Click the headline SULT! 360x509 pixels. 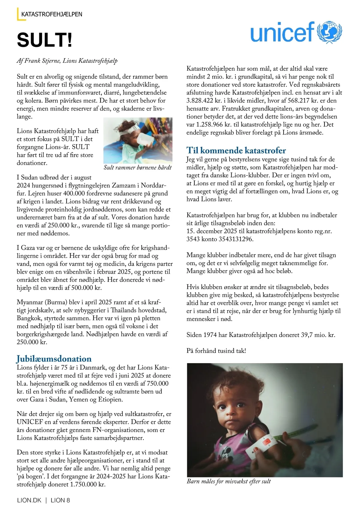tap(44, 40)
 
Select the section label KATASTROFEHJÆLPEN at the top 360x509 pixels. tap(52, 14)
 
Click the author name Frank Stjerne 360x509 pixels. tap(42, 61)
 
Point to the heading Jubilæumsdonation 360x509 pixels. tap(54, 359)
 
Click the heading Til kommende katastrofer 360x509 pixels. tap(236, 150)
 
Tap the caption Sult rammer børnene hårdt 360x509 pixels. tap(138, 167)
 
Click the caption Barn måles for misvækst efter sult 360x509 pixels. tap(229, 481)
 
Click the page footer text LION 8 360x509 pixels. tap(60, 500)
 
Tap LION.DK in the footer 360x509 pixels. tap(29, 500)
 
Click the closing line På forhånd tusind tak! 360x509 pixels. tap(216, 351)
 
